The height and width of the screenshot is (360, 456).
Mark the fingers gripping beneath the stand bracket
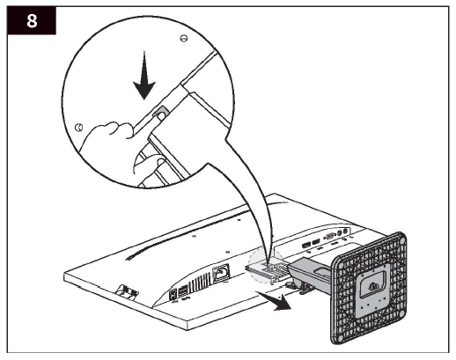(150, 164)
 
